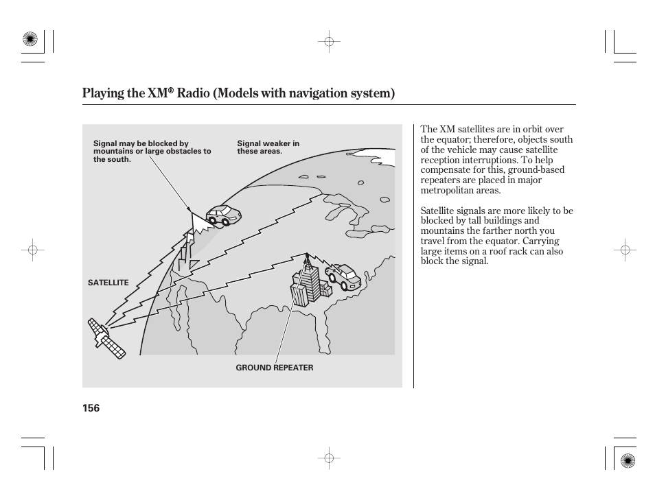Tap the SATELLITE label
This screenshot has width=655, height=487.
coord(108,283)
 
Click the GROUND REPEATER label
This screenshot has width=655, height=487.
coord(274,368)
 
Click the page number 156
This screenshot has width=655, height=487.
coord(91,408)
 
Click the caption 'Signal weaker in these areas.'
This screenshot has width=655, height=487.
coord(268,147)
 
